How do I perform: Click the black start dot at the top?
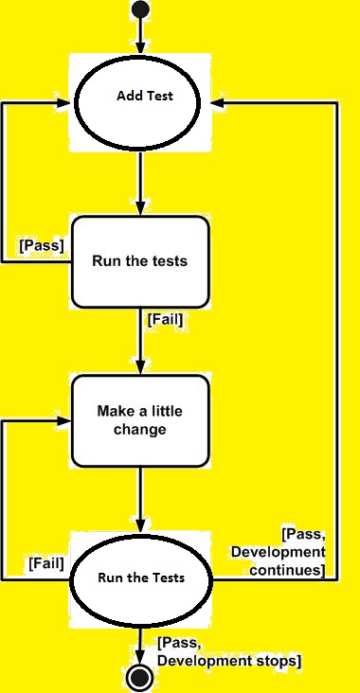coord(140,9)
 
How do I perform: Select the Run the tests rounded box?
coord(140,261)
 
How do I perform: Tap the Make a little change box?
coord(140,420)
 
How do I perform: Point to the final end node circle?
coord(140,677)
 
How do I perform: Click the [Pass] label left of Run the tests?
coord(42,244)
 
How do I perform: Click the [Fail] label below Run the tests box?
coord(165,320)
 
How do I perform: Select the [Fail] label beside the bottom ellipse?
coord(45,563)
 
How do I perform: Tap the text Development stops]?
coord(227,659)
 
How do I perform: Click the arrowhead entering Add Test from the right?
coord(218,101)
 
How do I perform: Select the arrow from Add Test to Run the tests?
coord(140,180)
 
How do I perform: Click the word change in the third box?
coord(140,429)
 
